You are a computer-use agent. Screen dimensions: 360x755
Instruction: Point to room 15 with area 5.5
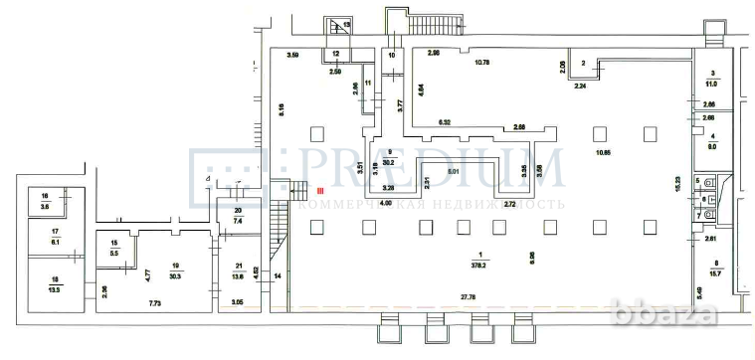pyautogui.click(x=114, y=249)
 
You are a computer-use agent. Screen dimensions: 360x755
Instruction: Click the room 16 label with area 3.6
pyautogui.click(x=46, y=200)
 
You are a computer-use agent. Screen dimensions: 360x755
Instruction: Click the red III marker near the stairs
pyautogui.click(x=320, y=190)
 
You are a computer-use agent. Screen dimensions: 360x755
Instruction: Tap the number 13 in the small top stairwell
pyautogui.click(x=346, y=24)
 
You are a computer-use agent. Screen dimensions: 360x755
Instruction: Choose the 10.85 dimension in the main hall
pyautogui.click(x=602, y=153)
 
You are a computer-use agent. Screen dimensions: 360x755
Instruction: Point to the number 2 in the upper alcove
pyautogui.click(x=584, y=62)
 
